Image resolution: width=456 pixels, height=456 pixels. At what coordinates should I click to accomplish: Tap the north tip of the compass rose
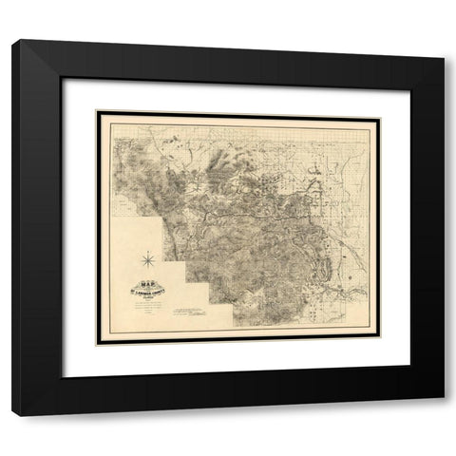(x=148, y=246)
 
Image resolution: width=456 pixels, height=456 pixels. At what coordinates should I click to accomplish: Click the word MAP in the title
(x=146, y=280)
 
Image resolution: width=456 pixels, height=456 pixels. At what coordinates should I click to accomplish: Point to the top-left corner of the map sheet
(x=99, y=112)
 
